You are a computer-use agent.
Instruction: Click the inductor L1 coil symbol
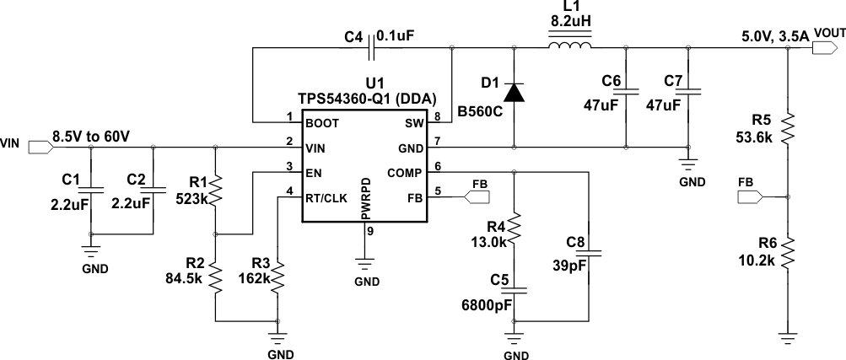570,47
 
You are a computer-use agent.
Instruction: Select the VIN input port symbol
39,147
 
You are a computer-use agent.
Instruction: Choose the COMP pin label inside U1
403,173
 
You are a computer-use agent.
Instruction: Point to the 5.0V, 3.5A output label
773,35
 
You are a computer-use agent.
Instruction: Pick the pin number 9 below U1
369,231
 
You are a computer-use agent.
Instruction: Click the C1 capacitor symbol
92,189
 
